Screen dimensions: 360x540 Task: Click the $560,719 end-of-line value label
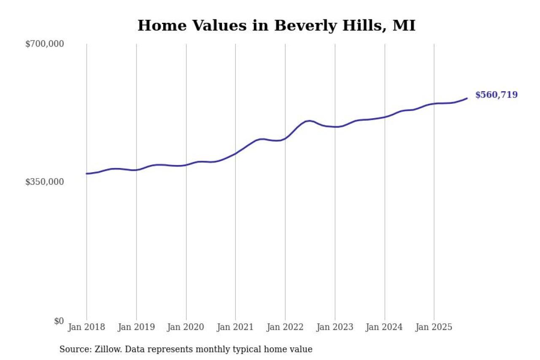(x=496, y=95)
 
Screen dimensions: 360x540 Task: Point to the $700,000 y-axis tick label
(x=45, y=44)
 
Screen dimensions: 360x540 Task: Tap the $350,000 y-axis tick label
(x=45, y=182)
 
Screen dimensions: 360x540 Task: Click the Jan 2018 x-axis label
(x=86, y=327)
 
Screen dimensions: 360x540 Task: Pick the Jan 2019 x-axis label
(x=136, y=327)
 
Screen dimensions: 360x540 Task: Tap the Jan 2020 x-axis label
(x=186, y=327)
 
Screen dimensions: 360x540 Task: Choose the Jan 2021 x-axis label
(x=235, y=327)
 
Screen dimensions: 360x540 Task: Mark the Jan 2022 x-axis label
(x=285, y=327)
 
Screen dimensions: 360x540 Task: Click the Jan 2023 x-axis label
(x=335, y=327)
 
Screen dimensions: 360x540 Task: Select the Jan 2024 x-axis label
(x=384, y=327)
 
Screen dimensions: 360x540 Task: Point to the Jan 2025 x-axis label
(x=434, y=327)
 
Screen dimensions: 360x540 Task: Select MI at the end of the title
(x=404, y=26)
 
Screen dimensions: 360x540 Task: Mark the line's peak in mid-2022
(x=309, y=121)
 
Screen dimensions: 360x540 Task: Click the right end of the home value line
(x=467, y=98)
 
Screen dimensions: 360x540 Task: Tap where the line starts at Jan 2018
(x=86, y=173)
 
